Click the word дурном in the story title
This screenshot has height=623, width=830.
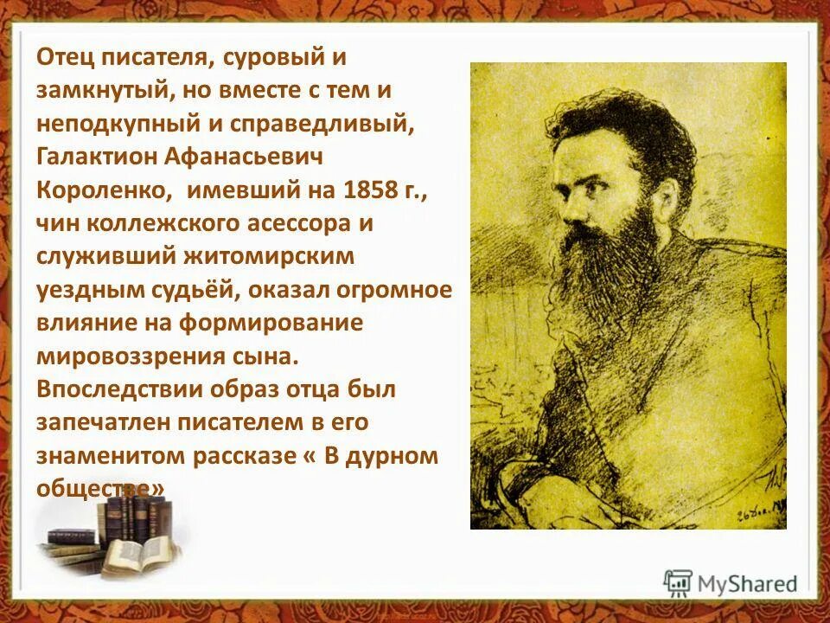(393, 455)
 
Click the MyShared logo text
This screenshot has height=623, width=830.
(747, 583)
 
